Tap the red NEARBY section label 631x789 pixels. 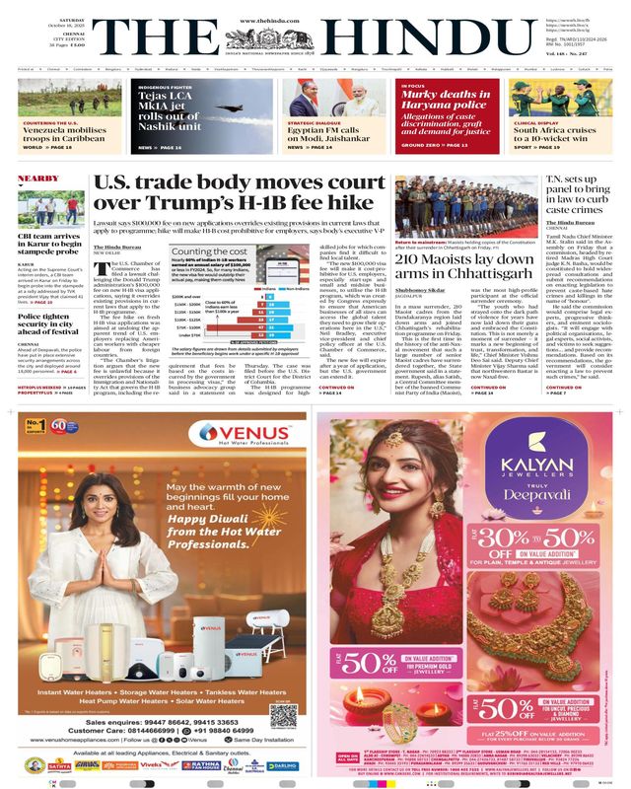click(38, 179)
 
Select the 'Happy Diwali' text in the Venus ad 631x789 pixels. click(229, 519)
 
